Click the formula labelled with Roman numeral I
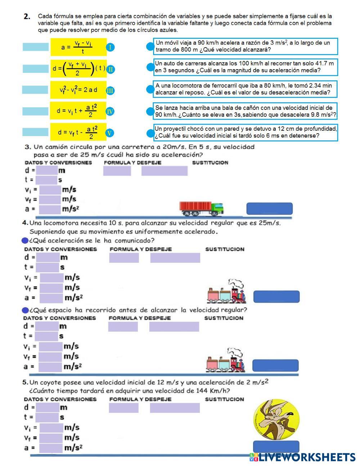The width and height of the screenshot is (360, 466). click(x=78, y=47)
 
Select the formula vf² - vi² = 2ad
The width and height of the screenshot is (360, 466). click(x=78, y=90)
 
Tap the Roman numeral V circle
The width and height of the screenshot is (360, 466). click(x=110, y=133)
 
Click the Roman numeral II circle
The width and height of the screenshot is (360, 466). click(x=111, y=69)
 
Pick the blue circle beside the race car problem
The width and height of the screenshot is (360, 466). click(x=150, y=67)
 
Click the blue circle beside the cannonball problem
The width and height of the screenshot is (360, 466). click(x=150, y=111)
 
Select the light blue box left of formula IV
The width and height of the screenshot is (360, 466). click(x=35, y=111)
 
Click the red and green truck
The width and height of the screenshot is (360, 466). click(x=201, y=208)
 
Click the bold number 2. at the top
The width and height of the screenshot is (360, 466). click(x=27, y=17)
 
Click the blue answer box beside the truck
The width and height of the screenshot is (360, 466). click(x=269, y=209)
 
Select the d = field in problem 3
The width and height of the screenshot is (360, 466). click(x=46, y=170)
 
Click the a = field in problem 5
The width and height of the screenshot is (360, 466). click(x=51, y=448)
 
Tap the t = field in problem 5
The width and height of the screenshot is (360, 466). click(x=47, y=417)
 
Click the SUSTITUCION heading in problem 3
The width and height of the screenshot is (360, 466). click(x=210, y=163)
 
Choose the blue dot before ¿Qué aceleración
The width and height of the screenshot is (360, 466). click(x=25, y=241)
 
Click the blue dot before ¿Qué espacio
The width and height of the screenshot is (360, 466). click(x=25, y=310)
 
